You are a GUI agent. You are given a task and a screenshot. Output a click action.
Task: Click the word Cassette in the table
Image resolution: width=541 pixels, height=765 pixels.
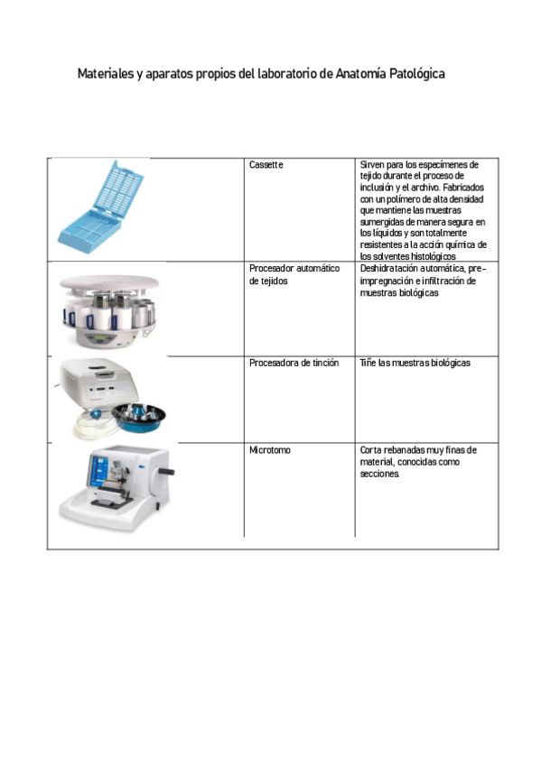(266, 165)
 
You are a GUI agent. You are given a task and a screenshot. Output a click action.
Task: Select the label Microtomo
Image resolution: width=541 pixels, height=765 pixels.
(269, 449)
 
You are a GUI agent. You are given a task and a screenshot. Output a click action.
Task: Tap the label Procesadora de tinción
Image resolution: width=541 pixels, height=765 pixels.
(294, 363)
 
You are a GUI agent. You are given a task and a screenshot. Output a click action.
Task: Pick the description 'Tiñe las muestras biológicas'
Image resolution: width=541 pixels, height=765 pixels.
(415, 363)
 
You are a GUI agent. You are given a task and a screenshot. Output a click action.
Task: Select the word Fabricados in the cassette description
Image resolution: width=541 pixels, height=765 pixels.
(464, 188)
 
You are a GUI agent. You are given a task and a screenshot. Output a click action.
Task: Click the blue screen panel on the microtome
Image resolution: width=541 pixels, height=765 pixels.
(98, 472)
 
